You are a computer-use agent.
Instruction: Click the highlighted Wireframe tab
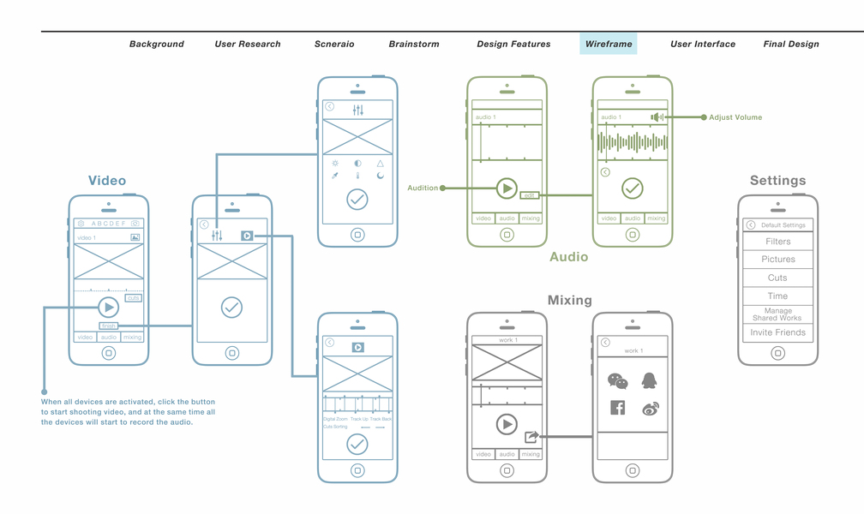click(x=609, y=44)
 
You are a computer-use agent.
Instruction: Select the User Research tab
click(x=248, y=44)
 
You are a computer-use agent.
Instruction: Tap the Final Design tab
click(x=791, y=44)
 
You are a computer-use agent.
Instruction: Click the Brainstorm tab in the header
click(x=414, y=44)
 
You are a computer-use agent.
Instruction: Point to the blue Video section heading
click(x=107, y=181)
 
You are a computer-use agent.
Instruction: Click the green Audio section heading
click(x=569, y=256)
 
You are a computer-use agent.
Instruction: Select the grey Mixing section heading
click(x=570, y=300)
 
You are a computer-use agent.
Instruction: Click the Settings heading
click(x=777, y=181)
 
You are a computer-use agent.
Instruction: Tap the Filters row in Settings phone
click(x=778, y=242)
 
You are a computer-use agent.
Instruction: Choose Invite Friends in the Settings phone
click(x=778, y=332)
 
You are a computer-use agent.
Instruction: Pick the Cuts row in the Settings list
click(x=778, y=278)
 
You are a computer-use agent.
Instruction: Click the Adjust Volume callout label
click(x=735, y=117)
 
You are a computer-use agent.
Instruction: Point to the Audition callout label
click(x=423, y=188)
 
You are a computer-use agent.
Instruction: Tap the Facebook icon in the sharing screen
click(x=617, y=408)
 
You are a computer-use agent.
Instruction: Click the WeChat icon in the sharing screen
click(x=617, y=380)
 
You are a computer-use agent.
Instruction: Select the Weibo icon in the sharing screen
click(x=650, y=409)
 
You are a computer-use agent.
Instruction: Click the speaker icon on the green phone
click(x=657, y=117)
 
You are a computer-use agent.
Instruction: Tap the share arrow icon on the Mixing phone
click(x=531, y=437)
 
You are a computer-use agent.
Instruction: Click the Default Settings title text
click(x=783, y=225)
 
